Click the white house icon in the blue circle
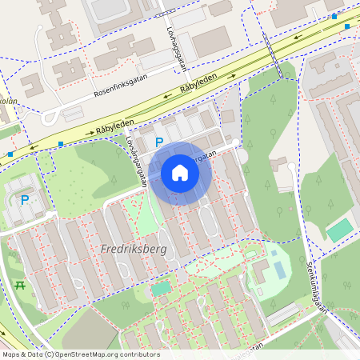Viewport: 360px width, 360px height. tap(180, 173)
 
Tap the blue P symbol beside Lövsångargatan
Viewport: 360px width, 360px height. tap(159, 142)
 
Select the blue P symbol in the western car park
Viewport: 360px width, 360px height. tap(24, 199)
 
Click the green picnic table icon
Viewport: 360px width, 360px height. tap(20, 285)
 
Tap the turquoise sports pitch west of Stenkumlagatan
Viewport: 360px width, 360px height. tap(340, 230)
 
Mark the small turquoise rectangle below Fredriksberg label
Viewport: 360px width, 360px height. tap(161, 288)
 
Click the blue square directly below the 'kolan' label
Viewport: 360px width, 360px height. tap(10, 154)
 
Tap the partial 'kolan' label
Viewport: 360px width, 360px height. tap(8, 102)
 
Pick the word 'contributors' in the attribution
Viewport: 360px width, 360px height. tap(140, 354)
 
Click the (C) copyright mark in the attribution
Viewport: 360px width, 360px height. tap(50, 354)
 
